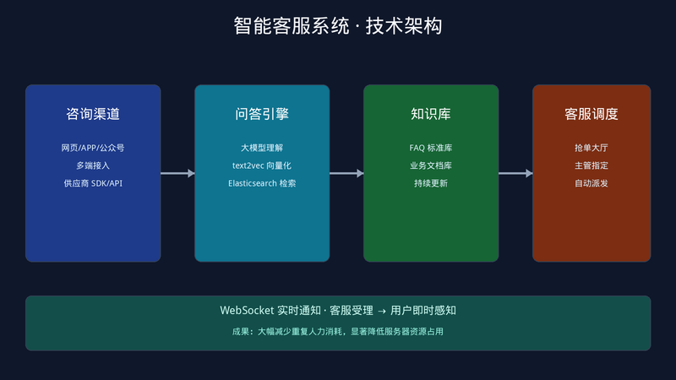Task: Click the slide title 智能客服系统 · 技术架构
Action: point(338,26)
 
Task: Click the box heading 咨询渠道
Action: point(93,114)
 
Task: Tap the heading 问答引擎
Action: point(262,114)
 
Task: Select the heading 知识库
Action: point(431,114)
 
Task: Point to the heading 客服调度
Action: point(591,114)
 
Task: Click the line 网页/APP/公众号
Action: point(93,148)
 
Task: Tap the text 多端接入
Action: point(93,166)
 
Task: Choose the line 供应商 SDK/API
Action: point(93,183)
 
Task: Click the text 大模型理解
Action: point(262,148)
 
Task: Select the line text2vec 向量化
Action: point(262,166)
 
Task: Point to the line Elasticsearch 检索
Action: point(262,183)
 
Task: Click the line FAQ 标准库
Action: point(431,148)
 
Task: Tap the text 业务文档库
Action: point(431,166)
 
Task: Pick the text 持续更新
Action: point(431,183)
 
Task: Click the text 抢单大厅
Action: point(591,148)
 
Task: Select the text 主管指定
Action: point(591,166)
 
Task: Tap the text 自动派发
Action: point(591,183)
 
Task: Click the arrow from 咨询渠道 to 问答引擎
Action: point(177,173)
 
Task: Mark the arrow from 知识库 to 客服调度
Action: point(515,173)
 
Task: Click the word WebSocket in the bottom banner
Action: point(247,310)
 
